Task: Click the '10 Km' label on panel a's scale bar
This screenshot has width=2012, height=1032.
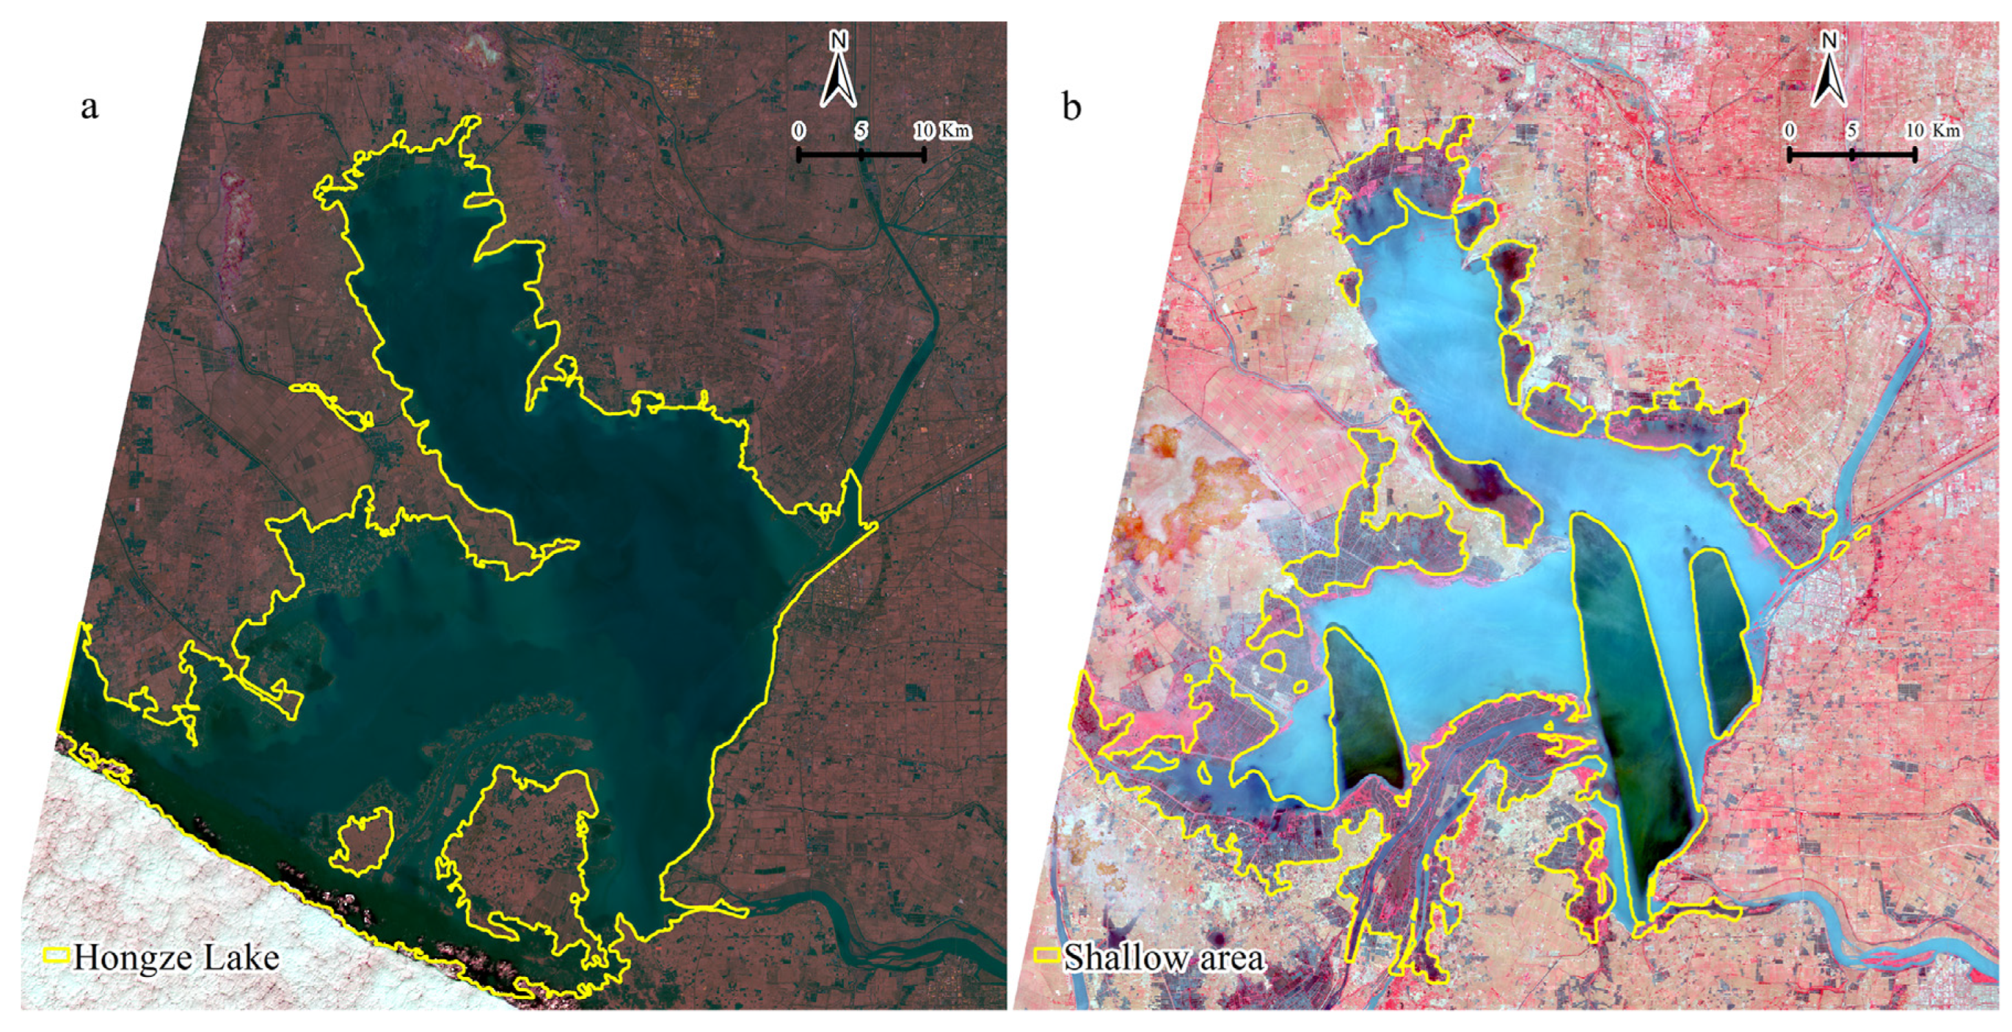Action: pyautogui.click(x=942, y=130)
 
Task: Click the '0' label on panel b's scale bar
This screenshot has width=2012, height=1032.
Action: pyautogui.click(x=1789, y=130)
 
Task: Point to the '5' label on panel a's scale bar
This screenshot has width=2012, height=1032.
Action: pyautogui.click(x=861, y=130)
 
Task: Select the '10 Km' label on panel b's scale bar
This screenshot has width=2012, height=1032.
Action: pyautogui.click(x=1934, y=130)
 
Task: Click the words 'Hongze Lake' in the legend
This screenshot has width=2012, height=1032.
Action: pyautogui.click(x=176, y=957)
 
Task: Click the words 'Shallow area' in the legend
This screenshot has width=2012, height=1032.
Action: pyautogui.click(x=1163, y=957)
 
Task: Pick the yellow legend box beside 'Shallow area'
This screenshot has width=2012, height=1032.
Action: pyautogui.click(x=1047, y=954)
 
